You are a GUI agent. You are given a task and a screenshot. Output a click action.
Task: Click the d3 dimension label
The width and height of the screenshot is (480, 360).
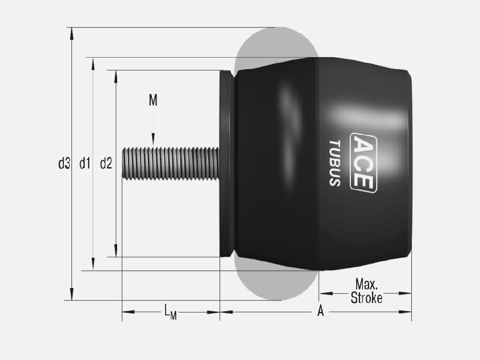point(64,164)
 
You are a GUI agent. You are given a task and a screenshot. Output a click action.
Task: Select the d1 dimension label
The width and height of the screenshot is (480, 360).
point(85,164)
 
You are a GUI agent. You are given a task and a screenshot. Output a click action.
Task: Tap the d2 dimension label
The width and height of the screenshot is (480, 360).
point(106,164)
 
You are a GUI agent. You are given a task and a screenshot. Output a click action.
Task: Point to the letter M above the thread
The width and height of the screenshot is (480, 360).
point(153,100)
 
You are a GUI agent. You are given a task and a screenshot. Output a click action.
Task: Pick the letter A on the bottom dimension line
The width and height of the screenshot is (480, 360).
point(321,311)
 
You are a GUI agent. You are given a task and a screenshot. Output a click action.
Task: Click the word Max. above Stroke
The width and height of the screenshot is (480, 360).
point(366,284)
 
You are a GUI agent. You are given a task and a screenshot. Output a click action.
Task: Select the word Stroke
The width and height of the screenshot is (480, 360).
point(366,298)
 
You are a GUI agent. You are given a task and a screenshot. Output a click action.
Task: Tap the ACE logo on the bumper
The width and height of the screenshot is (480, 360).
point(363,163)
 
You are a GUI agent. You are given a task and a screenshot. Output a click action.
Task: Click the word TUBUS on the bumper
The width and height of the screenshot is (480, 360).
point(335,163)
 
